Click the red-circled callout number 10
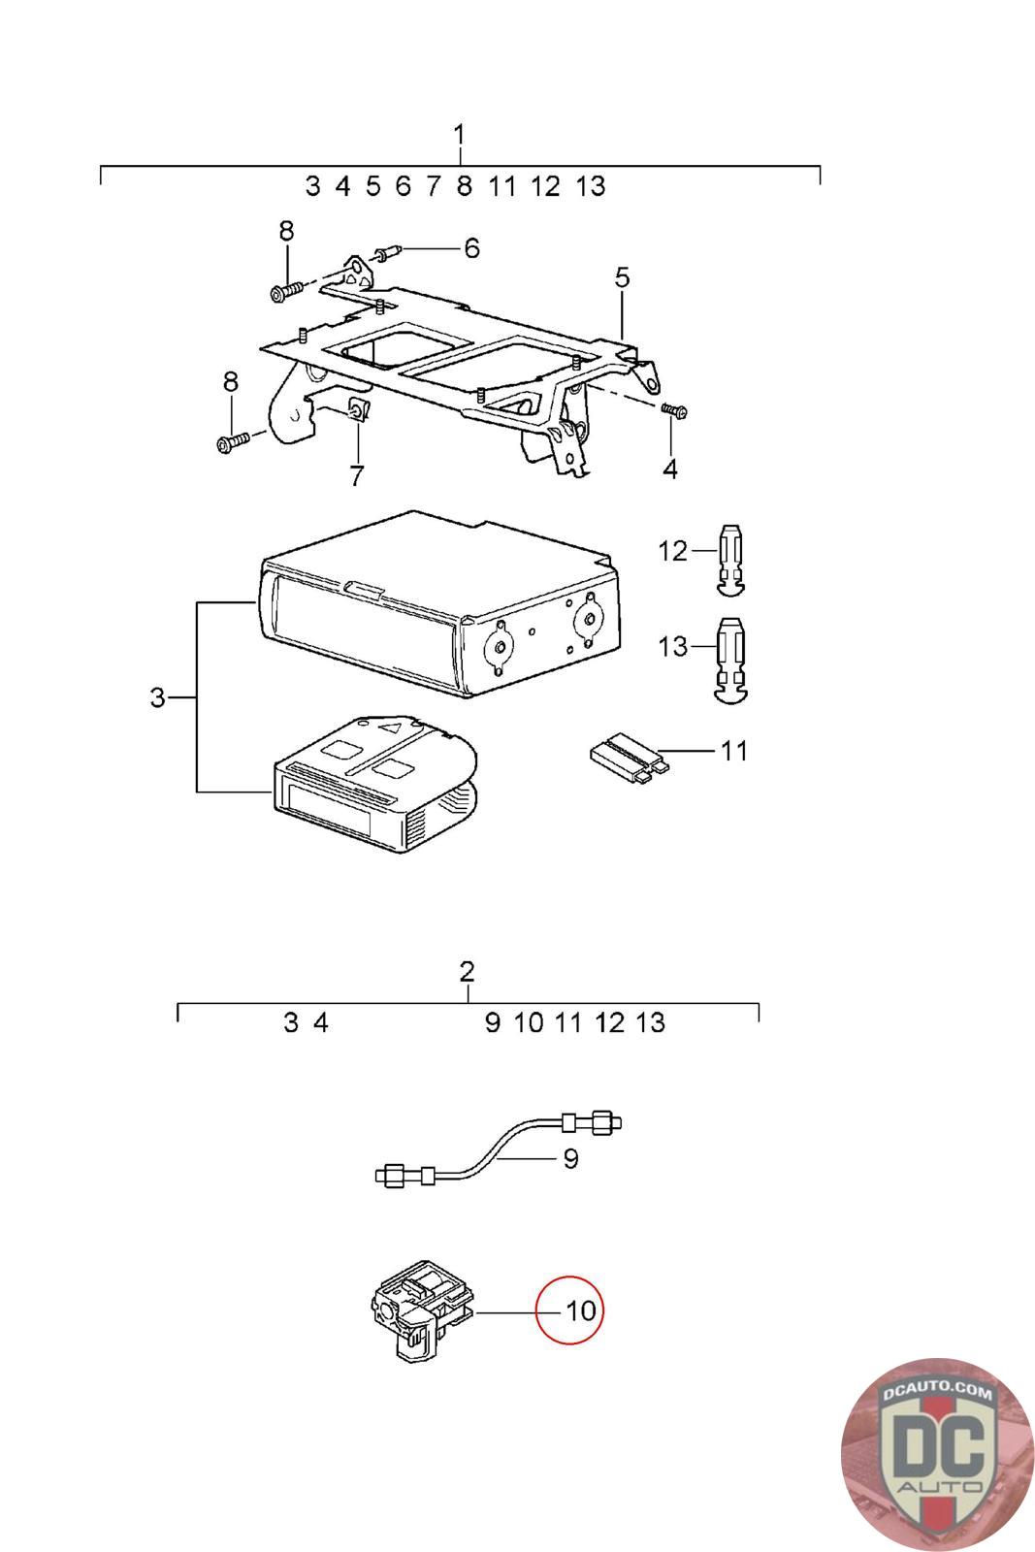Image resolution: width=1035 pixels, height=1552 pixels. coord(580,1310)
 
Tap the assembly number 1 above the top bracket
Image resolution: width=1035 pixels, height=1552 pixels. coord(460,135)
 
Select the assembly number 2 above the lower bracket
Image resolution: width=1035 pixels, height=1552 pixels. coord(467,971)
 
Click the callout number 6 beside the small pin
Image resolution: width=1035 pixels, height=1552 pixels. coord(471,247)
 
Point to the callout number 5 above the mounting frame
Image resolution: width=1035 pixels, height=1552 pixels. coord(622,277)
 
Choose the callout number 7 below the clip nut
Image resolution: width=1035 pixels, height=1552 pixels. coord(356,475)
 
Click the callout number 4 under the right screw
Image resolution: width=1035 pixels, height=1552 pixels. coord(670,469)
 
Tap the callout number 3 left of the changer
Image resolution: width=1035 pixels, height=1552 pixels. coord(158,697)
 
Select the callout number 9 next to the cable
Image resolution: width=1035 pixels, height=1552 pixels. coord(570,1158)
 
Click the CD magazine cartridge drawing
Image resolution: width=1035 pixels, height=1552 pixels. coord(375,783)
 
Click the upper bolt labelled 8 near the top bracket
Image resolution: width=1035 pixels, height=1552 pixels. coord(287,290)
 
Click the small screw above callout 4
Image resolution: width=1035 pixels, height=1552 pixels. coord(673,411)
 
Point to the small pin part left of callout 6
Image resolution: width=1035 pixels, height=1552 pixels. coord(387,252)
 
